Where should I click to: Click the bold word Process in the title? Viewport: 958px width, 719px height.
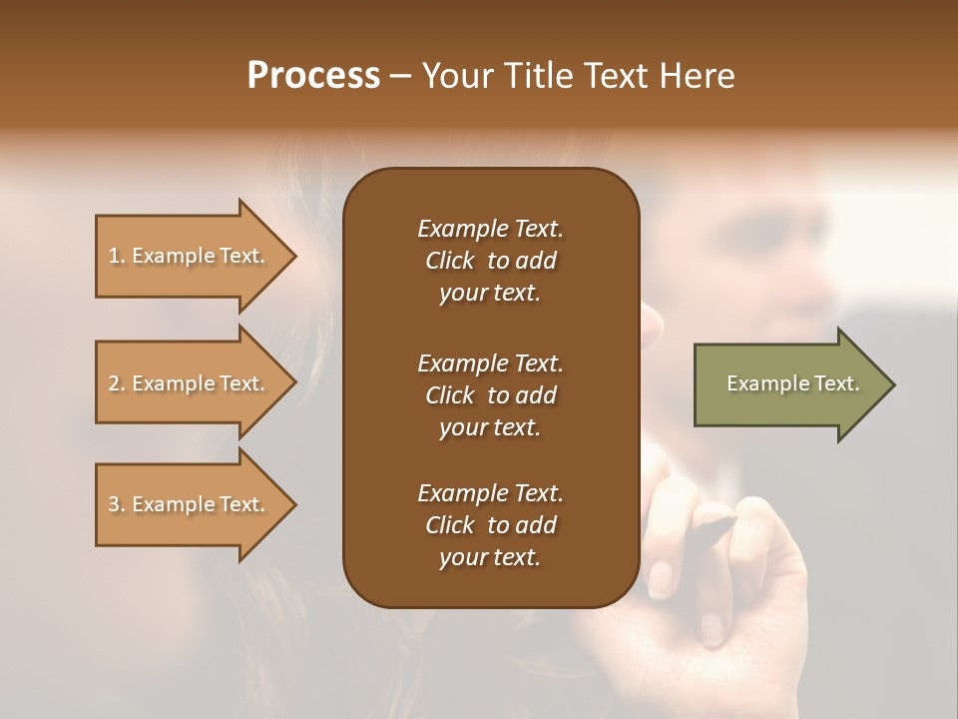(313, 76)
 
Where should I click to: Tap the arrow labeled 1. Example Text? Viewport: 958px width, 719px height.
(190, 256)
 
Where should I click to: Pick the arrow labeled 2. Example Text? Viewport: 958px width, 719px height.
(190, 383)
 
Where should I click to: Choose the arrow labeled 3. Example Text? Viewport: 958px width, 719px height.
(190, 504)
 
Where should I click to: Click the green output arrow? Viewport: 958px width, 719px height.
(788, 384)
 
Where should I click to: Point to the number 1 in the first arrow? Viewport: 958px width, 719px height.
(114, 256)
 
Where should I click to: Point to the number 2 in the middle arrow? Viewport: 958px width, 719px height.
(114, 383)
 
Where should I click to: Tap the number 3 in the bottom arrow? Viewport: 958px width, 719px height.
(114, 504)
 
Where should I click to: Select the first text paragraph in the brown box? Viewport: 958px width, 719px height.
(490, 261)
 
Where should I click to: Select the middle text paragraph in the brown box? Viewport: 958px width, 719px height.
(490, 394)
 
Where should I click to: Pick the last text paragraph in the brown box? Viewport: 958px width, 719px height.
(490, 525)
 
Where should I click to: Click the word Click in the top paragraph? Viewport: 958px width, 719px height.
(450, 261)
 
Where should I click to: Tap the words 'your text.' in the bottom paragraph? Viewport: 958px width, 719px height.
(490, 558)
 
